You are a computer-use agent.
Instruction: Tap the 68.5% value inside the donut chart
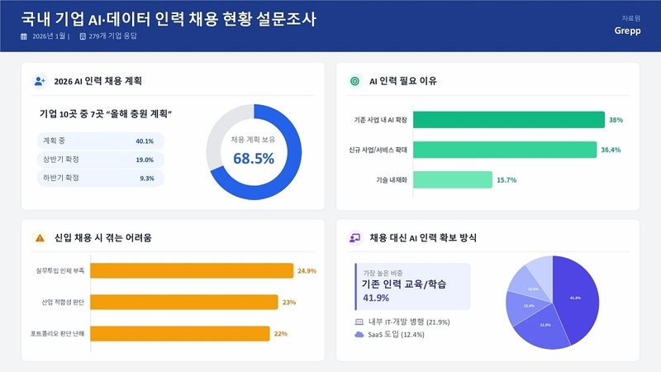(x=254, y=158)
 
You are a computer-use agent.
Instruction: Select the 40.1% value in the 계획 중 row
(x=145, y=141)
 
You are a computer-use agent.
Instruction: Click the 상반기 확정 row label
(x=62, y=160)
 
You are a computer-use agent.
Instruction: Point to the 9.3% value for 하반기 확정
(x=147, y=178)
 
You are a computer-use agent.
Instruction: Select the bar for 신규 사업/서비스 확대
(x=504, y=150)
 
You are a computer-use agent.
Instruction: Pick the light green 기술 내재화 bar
(x=452, y=179)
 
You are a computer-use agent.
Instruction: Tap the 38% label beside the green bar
(x=616, y=120)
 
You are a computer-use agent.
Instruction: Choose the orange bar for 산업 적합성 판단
(x=183, y=303)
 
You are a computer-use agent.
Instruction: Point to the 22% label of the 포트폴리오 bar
(x=280, y=334)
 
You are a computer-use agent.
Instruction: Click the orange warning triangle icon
(x=40, y=238)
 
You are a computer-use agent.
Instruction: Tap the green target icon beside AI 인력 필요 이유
(x=355, y=81)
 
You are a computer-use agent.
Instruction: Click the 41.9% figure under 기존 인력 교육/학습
(x=376, y=298)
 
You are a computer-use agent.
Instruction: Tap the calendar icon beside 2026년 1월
(x=24, y=36)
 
